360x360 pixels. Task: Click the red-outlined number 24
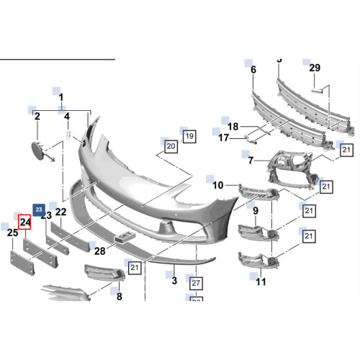click(24, 222)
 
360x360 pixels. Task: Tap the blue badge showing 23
click(40, 207)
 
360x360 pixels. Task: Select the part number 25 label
click(12, 233)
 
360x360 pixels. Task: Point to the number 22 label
click(61, 212)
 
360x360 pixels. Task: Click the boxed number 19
click(189, 135)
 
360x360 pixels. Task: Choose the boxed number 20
click(171, 146)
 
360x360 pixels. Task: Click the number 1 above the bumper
click(61, 97)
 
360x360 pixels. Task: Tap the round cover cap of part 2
click(35, 150)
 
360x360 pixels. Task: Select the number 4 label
click(66, 115)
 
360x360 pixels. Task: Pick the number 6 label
click(253, 69)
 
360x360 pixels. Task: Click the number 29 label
click(314, 68)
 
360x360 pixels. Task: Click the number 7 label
click(251, 160)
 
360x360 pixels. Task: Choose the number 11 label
click(261, 282)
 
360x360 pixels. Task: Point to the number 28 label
click(99, 251)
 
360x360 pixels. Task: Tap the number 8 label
click(119, 295)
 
